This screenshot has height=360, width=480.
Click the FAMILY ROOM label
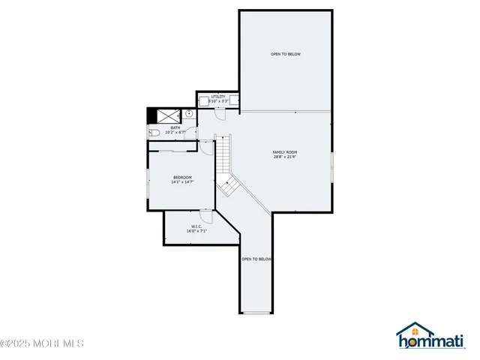pyautogui.click(x=285, y=152)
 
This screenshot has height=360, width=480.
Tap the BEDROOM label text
pyautogui.click(x=182, y=177)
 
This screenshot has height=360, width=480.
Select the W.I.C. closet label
pyautogui.click(x=196, y=226)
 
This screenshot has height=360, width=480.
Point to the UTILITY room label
pyautogui.click(x=218, y=97)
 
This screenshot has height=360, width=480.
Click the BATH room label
pyautogui.click(x=175, y=127)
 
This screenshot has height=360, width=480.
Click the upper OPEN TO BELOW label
pyautogui.click(x=286, y=54)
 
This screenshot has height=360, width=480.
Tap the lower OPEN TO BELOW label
pyautogui.click(x=256, y=259)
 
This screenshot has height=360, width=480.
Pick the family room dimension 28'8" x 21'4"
pyautogui.click(x=285, y=157)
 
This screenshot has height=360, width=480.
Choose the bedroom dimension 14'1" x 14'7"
pyautogui.click(x=182, y=182)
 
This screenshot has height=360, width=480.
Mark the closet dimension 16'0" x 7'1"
pyautogui.click(x=196, y=231)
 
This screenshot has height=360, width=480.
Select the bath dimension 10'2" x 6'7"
pyautogui.click(x=175, y=133)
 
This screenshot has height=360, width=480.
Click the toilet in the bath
pyautogui.click(x=153, y=132)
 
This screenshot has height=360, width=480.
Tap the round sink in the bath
pyautogui.click(x=190, y=115)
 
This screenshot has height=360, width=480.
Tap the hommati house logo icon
pyautogui.click(x=413, y=332)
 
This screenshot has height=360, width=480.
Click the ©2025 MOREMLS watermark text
pyautogui.click(x=42, y=343)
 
